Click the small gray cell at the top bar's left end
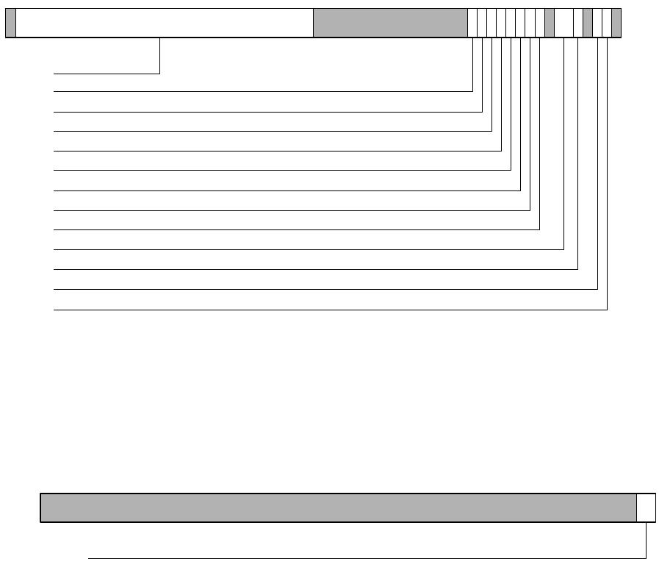(10, 23)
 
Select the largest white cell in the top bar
(164, 23)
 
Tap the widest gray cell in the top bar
(390, 23)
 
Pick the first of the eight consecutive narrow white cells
(472, 23)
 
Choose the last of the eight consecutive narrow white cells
(540, 23)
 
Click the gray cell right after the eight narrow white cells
(550, 23)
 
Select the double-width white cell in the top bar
(563, 23)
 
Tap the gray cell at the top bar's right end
(616, 23)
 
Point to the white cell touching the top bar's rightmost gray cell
(607, 23)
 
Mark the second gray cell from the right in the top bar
(588, 23)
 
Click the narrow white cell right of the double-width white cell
(578, 23)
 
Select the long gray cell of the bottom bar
(338, 507)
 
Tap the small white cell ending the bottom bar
(646, 507)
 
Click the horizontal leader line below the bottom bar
(367, 558)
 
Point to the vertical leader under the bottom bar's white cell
(646, 541)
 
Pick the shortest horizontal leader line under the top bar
(107, 74)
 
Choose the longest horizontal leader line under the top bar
(331, 310)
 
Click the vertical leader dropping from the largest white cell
(159, 56)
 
